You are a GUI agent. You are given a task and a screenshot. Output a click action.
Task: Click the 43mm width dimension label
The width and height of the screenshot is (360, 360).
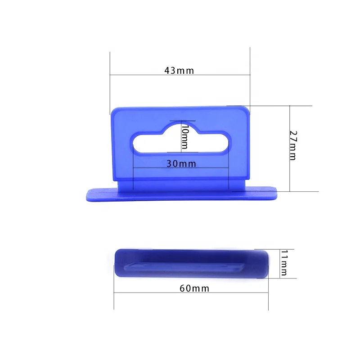179,70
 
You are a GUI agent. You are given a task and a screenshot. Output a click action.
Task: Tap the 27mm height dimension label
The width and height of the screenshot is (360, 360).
293,145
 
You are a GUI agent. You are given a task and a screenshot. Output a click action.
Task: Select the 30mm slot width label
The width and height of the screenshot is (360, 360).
181,164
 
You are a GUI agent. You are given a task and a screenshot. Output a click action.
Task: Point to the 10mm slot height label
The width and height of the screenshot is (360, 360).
184,137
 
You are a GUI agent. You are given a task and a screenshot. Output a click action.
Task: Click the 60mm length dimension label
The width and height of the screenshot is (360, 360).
195,288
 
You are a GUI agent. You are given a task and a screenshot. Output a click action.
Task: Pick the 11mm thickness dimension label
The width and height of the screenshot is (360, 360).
283,263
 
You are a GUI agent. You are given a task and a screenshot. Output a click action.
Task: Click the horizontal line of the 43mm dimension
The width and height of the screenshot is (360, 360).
135,75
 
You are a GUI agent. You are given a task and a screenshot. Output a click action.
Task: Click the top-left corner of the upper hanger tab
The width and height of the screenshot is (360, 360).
112,109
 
